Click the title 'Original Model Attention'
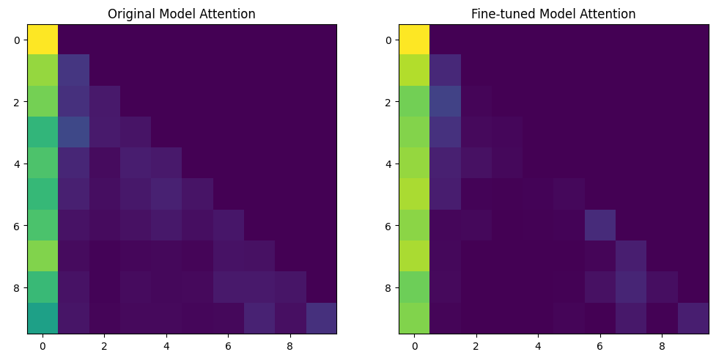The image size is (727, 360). click(182, 14)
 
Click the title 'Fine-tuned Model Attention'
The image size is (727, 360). click(553, 14)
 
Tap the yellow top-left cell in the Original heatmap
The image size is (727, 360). click(43, 40)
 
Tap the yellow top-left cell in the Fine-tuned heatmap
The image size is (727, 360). click(414, 40)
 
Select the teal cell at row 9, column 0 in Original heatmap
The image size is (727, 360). click(43, 318)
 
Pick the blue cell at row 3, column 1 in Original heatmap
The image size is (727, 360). click(73, 133)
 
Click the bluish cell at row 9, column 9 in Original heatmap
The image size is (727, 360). click(321, 318)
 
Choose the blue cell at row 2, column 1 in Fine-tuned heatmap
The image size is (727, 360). click(445, 101)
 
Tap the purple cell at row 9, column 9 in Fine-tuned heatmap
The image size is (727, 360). click(693, 318)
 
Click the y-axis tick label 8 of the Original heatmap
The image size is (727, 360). click(18, 287)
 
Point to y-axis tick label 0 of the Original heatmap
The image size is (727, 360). click(18, 40)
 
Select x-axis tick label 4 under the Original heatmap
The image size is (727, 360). click(166, 345)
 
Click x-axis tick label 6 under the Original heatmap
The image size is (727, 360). click(228, 345)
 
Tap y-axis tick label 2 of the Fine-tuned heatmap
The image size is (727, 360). click(389, 102)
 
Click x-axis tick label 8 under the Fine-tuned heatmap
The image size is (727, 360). click(662, 345)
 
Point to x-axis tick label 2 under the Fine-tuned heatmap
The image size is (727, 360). click(476, 345)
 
